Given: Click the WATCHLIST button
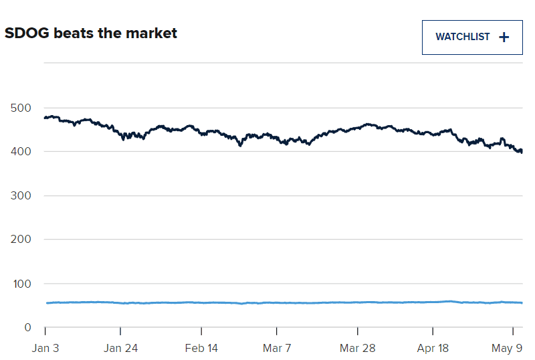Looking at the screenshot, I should click(471, 37).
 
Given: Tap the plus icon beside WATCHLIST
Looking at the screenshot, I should click(504, 37).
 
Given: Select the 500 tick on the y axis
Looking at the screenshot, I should click(21, 108).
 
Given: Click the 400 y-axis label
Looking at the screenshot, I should click(21, 152).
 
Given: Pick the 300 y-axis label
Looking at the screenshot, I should click(21, 195).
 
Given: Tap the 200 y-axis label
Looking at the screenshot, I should click(21, 240).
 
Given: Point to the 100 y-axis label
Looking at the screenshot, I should click(21, 284).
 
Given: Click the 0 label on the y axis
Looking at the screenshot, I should click(28, 327).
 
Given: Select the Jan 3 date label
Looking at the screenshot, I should click(45, 348).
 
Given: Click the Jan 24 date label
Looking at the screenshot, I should click(120, 348).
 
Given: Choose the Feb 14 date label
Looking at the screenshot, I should click(202, 348).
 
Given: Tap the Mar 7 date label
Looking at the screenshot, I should click(277, 348).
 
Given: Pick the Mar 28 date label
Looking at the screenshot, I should click(357, 348).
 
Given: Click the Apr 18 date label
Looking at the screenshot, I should click(433, 348).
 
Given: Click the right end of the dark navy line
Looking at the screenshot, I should click(522, 151).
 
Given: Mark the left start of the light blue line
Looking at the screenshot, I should click(46, 303).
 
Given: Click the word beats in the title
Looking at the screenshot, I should click(76, 33).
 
